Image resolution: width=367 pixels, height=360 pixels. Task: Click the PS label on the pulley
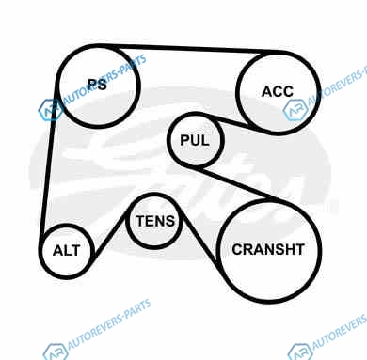97,84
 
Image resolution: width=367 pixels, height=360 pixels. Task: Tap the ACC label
278,91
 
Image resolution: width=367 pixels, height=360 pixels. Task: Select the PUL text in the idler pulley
195,140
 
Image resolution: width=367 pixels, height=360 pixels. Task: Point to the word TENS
155,221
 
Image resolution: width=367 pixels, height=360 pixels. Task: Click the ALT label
67,250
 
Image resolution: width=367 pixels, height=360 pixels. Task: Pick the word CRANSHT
268,249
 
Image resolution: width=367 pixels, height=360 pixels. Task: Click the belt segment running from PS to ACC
191,49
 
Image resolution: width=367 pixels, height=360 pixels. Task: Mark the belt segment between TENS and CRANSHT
199,240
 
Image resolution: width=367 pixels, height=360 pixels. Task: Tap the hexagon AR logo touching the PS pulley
50,110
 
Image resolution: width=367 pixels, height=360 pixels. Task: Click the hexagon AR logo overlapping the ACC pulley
295,110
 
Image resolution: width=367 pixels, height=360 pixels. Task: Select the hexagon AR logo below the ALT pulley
56,352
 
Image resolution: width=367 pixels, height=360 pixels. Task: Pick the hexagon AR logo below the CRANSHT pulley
300,352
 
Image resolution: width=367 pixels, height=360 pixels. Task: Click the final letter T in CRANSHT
299,249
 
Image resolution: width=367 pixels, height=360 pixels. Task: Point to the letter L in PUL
205,140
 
